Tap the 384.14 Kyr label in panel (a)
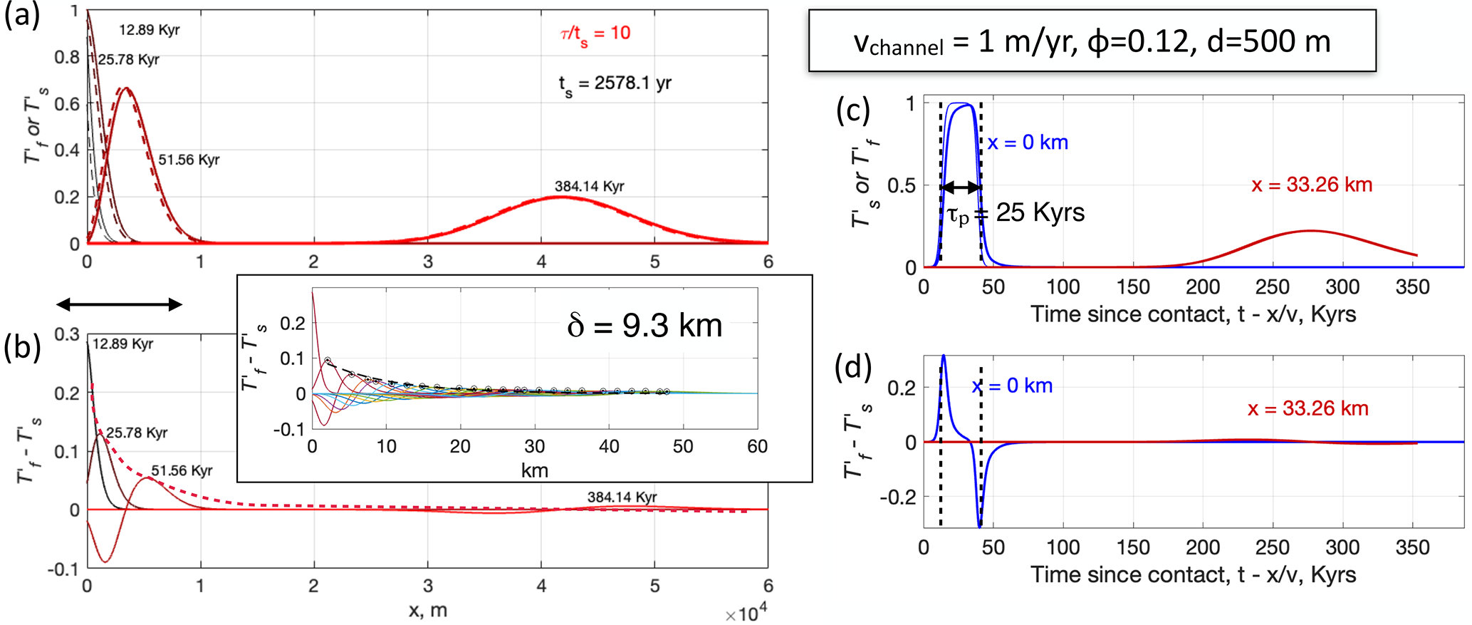589,187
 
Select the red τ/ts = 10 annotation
595,34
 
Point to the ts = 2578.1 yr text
615,84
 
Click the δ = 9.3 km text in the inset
644,326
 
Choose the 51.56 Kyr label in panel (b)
182,471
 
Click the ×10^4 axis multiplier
746,614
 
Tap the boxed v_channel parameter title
1092,42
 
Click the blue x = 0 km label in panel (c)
1028,143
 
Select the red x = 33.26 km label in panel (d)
1307,409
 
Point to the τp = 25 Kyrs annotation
1016,212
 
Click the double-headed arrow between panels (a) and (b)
119,305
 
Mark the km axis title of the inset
534,470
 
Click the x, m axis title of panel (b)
427,611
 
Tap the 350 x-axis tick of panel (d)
1413,547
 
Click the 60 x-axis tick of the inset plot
757,447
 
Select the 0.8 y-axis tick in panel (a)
66,57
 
